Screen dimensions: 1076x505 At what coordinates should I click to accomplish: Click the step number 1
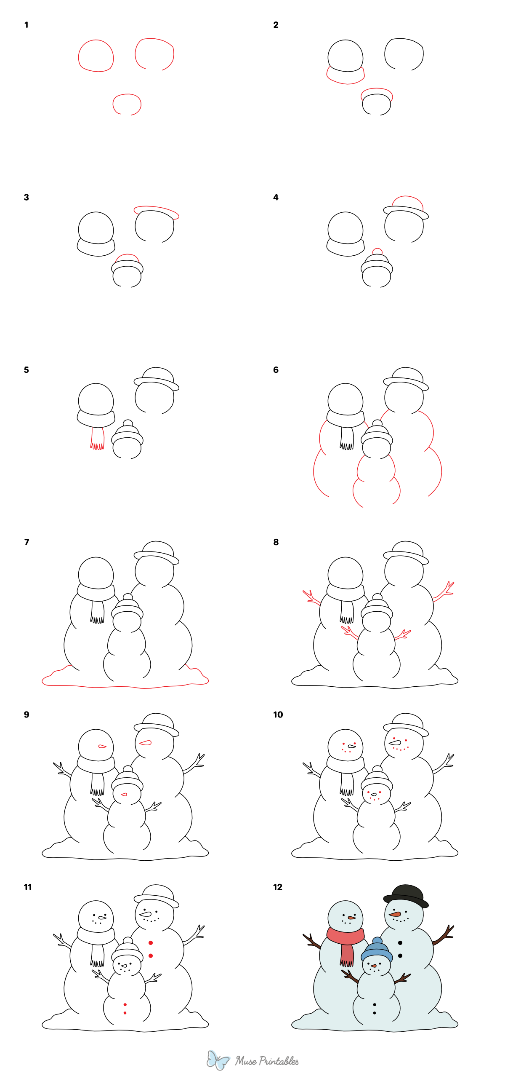(26, 25)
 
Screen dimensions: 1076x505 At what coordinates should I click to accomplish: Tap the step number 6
(276, 370)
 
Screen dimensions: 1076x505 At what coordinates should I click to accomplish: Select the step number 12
(277, 887)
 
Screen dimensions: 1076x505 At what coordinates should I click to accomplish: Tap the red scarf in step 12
(345, 937)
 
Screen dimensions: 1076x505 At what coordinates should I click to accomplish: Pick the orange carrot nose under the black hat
(394, 914)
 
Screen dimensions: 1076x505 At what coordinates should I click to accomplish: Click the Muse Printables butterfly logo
(218, 1060)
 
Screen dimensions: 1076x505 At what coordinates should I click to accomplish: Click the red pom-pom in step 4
(377, 252)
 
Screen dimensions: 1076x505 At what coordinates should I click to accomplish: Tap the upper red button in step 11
(151, 942)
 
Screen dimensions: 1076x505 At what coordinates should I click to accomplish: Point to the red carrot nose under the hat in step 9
(145, 742)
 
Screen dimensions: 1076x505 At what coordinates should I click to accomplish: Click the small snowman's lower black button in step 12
(375, 1013)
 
